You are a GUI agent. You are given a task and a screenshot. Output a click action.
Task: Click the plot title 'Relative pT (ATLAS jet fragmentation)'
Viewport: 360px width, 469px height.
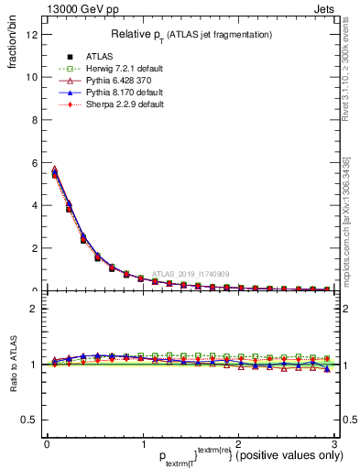coord(191,34)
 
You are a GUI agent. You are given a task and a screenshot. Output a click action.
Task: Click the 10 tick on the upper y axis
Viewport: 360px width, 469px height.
coord(33,77)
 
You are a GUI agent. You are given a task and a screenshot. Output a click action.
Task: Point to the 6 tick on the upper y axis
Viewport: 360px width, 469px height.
coord(35,162)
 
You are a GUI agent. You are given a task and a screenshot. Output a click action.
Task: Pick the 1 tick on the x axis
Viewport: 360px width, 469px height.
coord(142,444)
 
